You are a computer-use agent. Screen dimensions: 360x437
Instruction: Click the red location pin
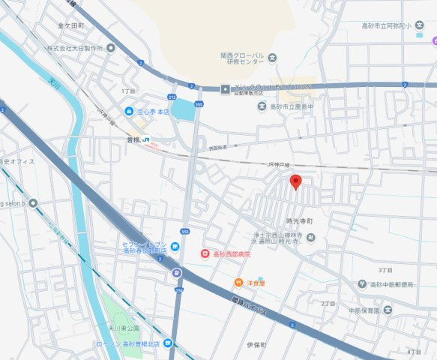tap(296, 181)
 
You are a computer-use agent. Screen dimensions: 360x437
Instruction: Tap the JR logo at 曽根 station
tap(147, 139)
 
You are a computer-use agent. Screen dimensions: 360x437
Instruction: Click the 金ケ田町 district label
tap(70, 25)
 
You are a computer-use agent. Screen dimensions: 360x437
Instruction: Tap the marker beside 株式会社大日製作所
tap(111, 48)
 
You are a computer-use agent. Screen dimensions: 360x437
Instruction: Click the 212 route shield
tap(172, 97)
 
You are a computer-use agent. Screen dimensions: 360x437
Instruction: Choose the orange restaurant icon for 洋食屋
tap(237, 283)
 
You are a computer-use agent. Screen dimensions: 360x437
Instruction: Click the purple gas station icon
tap(176, 273)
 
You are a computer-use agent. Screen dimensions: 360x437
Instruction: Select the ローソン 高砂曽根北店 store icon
tap(168, 344)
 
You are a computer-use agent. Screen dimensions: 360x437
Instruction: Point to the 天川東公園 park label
tap(123, 328)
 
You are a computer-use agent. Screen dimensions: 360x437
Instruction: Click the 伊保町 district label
tap(256, 345)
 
